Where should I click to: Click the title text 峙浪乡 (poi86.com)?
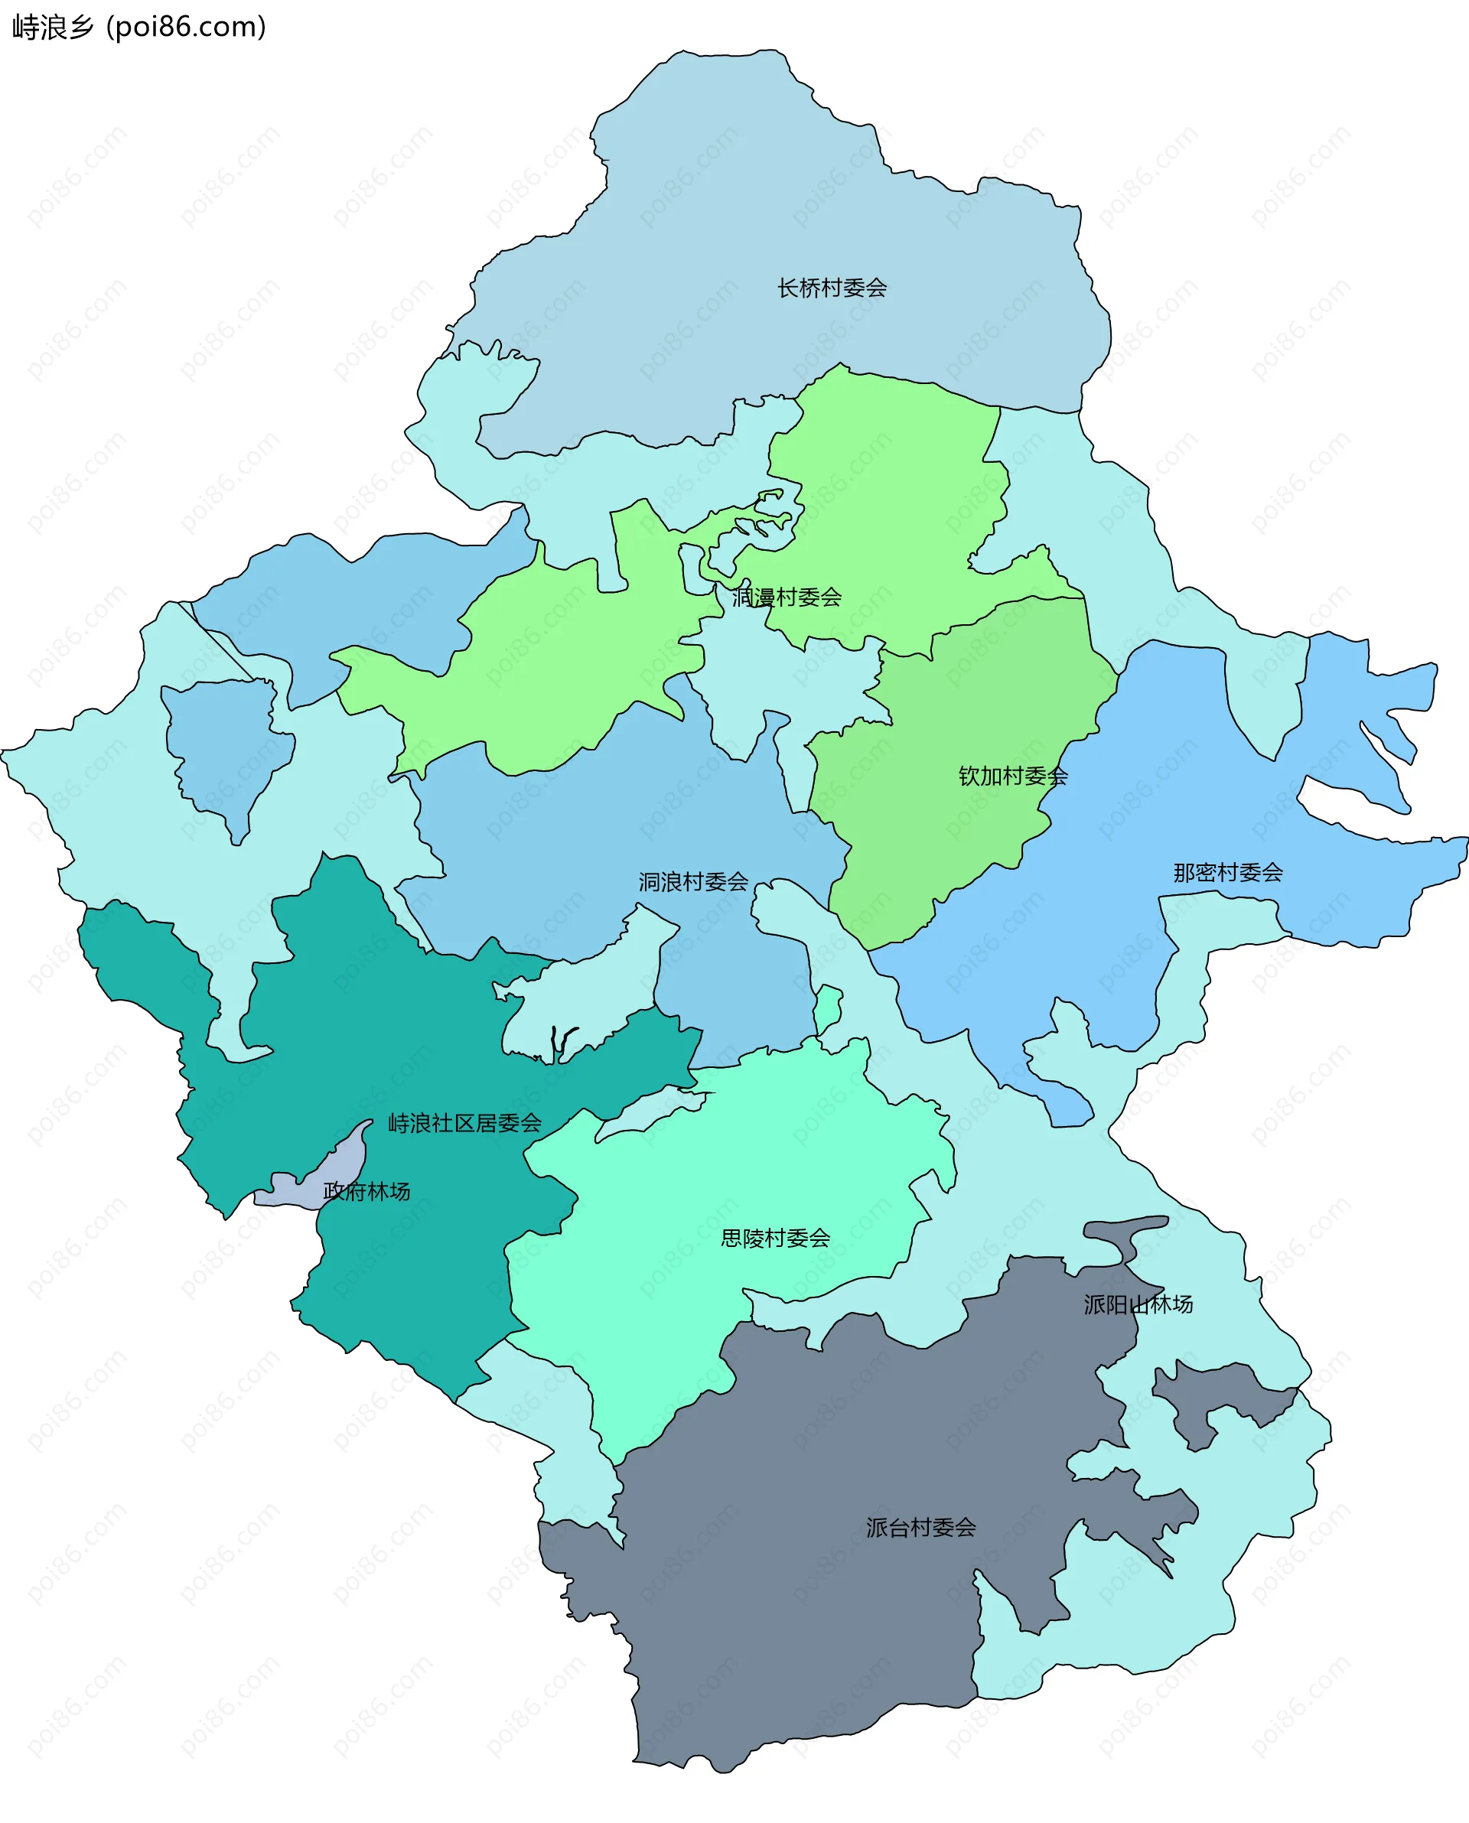pos(138,27)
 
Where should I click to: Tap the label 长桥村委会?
pos(832,288)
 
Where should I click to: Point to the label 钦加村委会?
pos(1012,776)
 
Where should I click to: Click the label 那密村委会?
pos(1227,872)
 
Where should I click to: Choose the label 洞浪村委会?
pos(693,881)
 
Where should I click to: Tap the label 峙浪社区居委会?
pos(464,1122)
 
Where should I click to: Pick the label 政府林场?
pos(366,1191)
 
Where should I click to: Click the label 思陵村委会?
pos(774,1238)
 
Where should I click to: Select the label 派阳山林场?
pos(1138,1304)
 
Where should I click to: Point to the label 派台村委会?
pos(920,1527)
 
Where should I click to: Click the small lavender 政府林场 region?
pos(347,1163)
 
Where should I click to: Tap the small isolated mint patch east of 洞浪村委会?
pos(828,1007)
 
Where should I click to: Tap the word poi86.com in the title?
pos(186,27)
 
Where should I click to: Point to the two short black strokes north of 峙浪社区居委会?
pos(560,1042)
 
